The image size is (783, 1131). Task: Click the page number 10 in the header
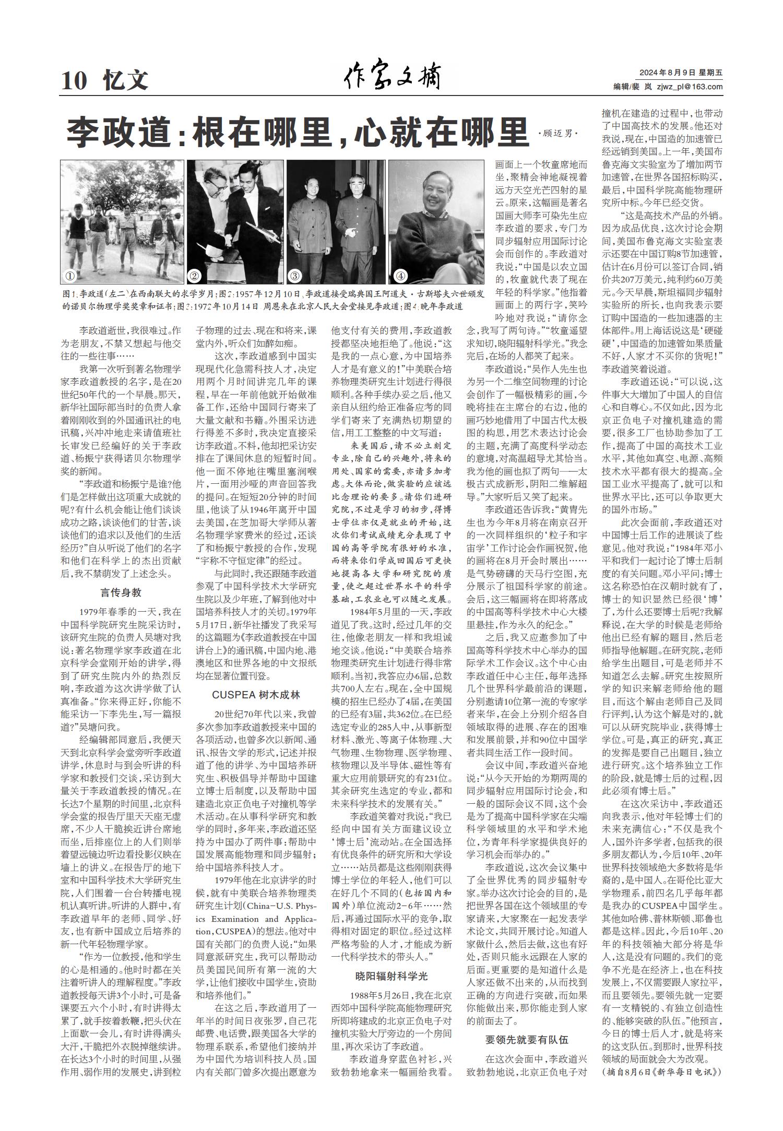[x=74, y=81]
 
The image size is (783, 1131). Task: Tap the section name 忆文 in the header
[x=126, y=81]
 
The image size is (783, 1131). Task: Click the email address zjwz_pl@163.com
[x=690, y=87]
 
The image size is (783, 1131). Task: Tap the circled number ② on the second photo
[x=194, y=276]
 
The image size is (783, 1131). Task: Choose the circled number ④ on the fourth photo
[x=400, y=276]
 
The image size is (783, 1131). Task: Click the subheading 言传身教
[x=121, y=593]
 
